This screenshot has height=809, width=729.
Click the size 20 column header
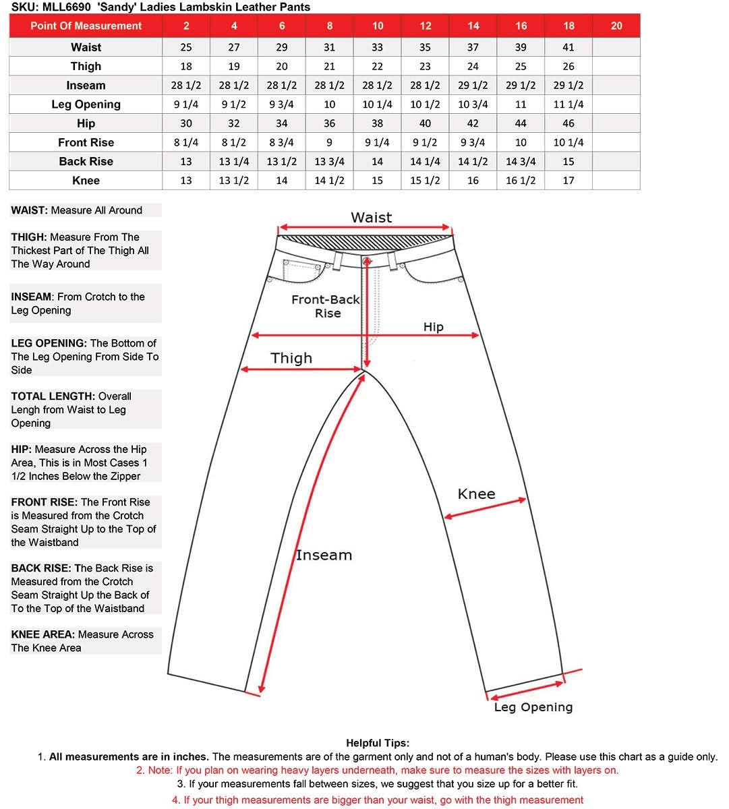coord(616,26)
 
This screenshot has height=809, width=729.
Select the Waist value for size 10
coord(377,47)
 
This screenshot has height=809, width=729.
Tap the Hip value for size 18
coord(568,123)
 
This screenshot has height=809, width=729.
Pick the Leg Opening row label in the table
coord(86,104)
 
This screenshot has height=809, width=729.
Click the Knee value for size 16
coord(521,181)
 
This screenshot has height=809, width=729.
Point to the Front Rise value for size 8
coord(329,142)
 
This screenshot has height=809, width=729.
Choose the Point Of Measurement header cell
coord(86,26)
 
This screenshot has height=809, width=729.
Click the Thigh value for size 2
coord(186,66)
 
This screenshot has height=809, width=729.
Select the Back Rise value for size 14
coord(473,162)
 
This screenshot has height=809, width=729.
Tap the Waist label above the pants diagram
coord(371,218)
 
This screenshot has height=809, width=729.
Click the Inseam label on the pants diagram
coord(324,556)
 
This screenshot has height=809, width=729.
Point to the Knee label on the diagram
coord(476,494)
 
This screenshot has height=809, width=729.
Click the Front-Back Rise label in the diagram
coord(326,306)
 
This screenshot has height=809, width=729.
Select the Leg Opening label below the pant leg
coord(533,707)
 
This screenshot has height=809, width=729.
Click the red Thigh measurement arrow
coord(301,369)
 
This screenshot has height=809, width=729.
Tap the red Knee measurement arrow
coord(485,509)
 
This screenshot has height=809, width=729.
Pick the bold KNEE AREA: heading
coord(42,634)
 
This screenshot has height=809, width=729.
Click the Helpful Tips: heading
coord(377,743)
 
